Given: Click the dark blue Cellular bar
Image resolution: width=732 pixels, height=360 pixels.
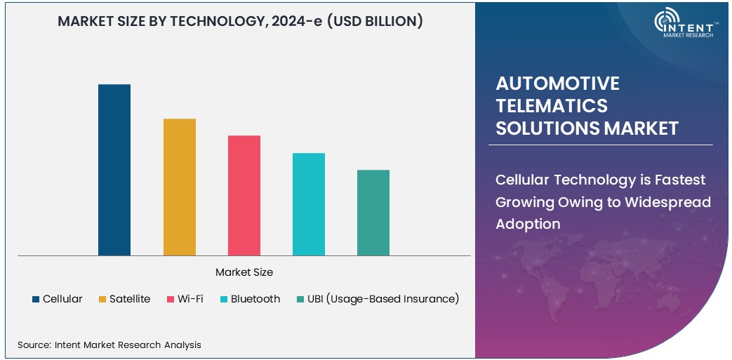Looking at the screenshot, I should [114, 170].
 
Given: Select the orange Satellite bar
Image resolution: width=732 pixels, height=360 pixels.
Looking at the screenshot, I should [180, 187].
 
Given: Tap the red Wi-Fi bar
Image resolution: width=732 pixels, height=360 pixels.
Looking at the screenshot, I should [244, 196].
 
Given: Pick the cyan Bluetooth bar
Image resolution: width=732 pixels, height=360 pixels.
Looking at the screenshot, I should [309, 204].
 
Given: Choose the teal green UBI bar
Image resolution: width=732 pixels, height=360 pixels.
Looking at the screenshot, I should [373, 213].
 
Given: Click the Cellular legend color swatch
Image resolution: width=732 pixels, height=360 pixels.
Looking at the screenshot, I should [35, 300].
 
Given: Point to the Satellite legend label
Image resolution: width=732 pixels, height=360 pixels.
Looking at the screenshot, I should [129, 299].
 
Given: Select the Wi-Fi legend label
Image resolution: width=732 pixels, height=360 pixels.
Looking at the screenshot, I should [190, 299].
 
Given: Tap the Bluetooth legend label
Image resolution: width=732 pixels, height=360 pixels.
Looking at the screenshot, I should [255, 299].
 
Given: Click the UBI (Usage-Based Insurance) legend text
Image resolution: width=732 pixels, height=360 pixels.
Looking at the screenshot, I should [382, 299].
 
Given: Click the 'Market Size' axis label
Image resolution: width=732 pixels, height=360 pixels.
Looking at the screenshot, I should [244, 272].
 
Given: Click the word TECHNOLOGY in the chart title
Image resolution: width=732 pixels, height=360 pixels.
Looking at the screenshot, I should [215, 21].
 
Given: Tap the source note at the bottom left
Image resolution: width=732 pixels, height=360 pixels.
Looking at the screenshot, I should [109, 345].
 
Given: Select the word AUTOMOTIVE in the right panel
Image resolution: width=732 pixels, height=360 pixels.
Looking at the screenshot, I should [557, 84].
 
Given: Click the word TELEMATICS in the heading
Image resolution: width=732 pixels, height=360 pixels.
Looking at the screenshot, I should [552, 106].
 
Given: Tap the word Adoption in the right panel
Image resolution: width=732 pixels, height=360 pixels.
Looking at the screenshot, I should [528, 225].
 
